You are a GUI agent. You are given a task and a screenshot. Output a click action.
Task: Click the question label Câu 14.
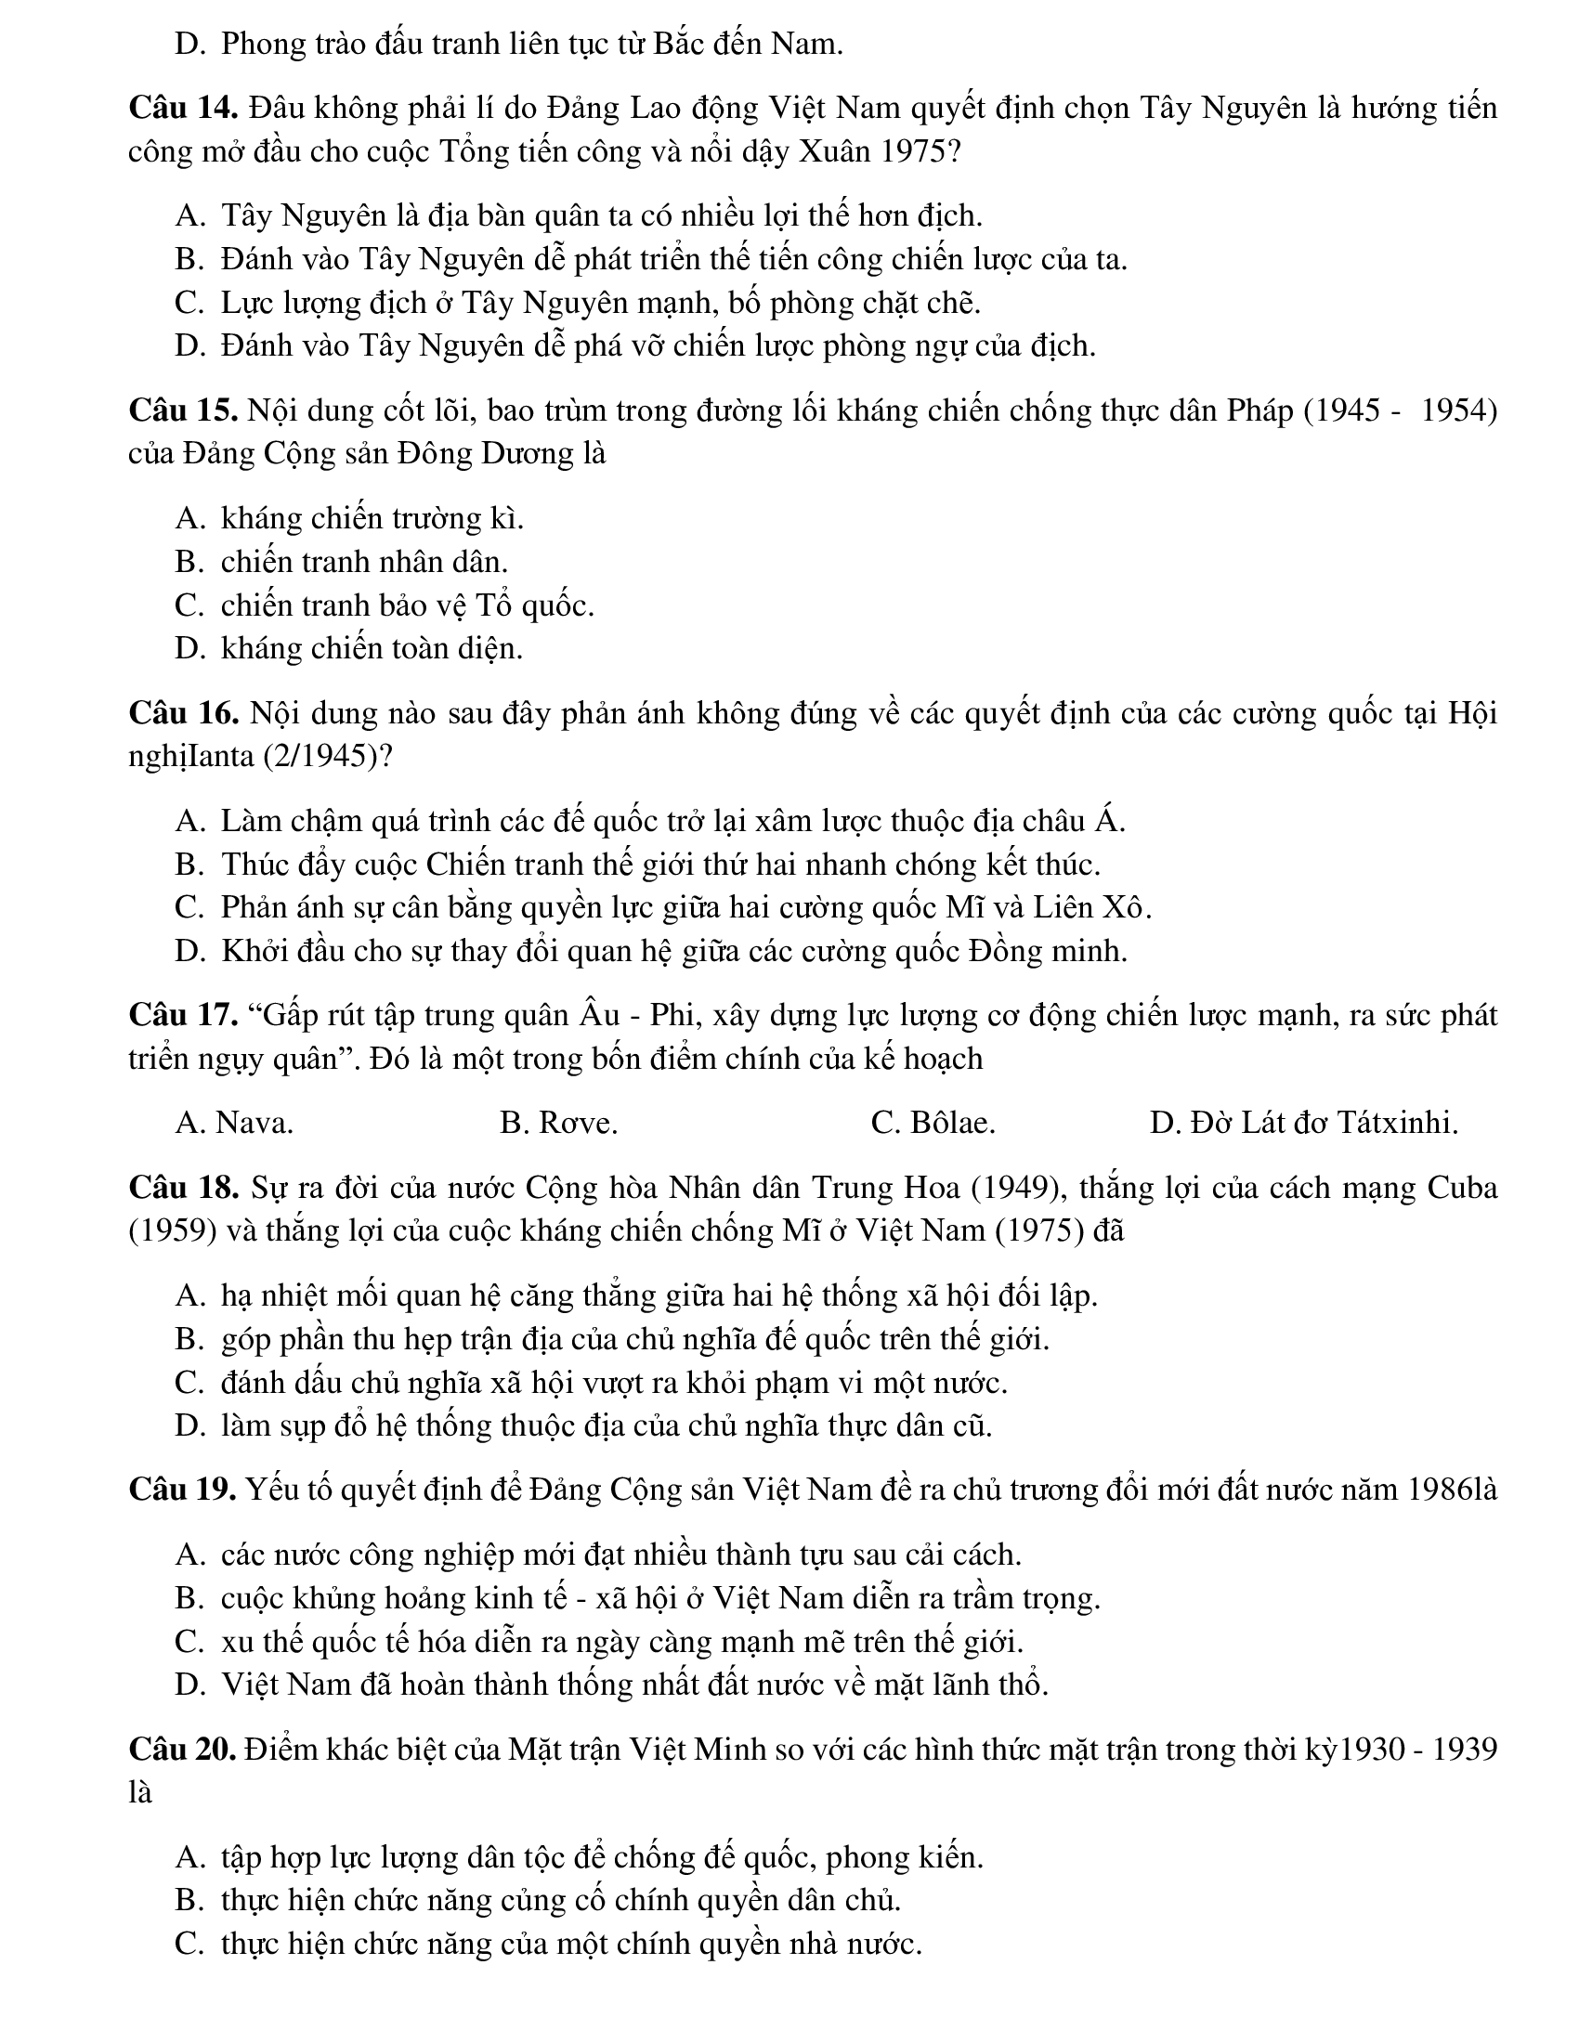point(182,110)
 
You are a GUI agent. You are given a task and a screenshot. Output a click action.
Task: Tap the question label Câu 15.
point(182,410)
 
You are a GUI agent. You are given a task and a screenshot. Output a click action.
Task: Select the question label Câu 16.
point(182,714)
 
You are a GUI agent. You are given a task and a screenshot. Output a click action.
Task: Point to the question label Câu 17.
point(182,1016)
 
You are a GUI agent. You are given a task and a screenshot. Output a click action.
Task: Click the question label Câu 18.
point(182,1188)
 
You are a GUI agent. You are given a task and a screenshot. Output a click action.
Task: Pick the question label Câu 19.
point(182,1490)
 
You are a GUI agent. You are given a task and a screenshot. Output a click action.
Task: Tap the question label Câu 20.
point(182,1750)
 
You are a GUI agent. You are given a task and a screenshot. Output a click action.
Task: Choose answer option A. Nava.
point(234,1123)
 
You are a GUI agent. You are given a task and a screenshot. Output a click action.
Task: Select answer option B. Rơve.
point(558,1123)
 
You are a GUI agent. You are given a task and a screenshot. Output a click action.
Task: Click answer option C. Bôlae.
point(933,1123)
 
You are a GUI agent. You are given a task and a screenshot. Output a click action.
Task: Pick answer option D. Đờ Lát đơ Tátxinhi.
point(1303,1123)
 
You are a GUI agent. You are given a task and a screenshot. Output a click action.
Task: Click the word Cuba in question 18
point(1462,1188)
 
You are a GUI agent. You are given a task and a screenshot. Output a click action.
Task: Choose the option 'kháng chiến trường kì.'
point(372,518)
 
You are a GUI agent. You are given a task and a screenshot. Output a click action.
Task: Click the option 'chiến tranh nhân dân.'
point(364,562)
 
